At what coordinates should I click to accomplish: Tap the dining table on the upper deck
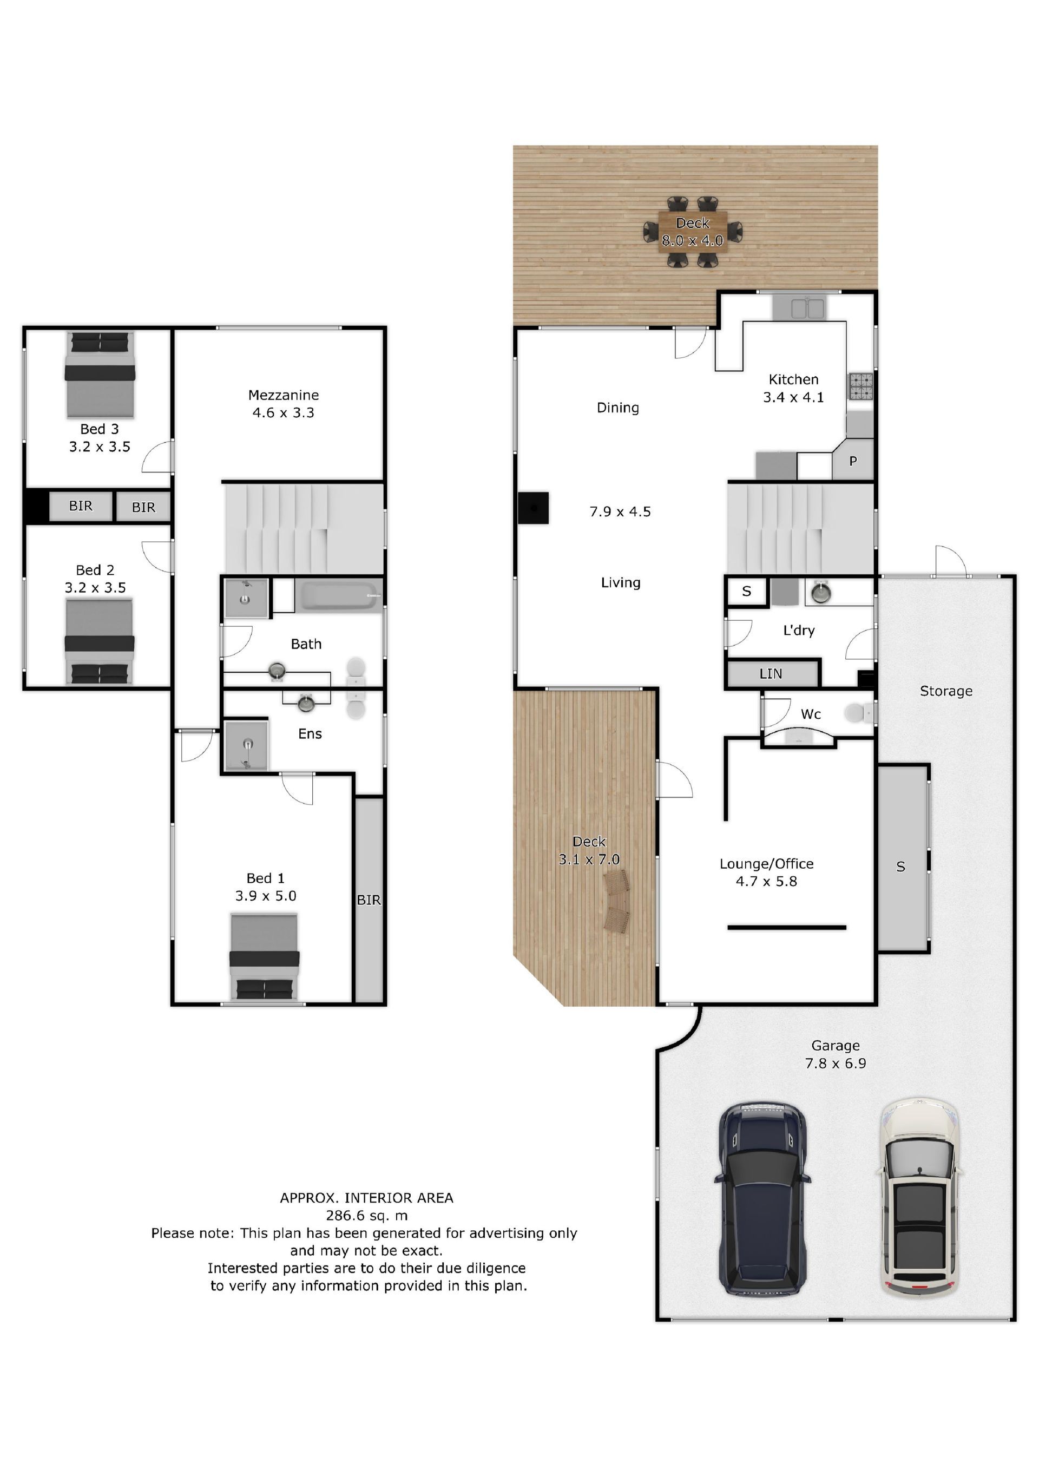[693, 232]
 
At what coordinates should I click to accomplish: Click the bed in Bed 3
[100, 374]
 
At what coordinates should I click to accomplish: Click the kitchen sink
[807, 308]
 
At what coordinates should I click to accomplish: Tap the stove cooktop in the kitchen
[860, 386]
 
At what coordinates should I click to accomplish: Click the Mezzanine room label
[284, 395]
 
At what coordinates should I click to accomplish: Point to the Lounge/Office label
[766, 864]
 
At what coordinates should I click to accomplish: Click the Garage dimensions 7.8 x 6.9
[836, 1064]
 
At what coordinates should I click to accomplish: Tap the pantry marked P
[853, 461]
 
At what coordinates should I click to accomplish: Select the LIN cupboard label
[771, 673]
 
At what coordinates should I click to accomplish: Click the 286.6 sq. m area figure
[367, 1215]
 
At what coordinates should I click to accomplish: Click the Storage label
[945, 691]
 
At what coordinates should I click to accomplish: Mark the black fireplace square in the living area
[533, 508]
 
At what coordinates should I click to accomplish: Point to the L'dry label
[799, 630]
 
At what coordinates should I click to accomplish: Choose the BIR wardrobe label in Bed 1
[369, 900]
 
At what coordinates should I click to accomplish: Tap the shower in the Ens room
[246, 746]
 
